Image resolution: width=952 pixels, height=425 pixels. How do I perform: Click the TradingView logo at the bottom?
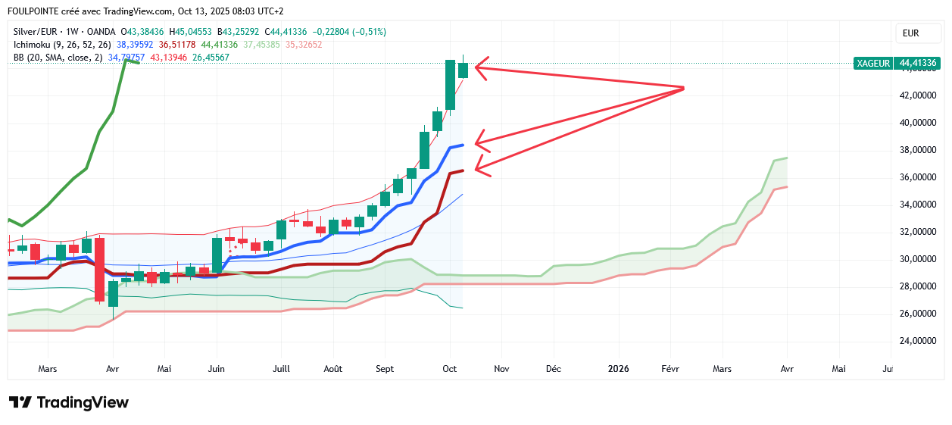coord(68,402)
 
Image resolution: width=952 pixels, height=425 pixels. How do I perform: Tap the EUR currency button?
coord(910,33)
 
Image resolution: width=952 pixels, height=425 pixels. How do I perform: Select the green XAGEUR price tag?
coord(872,63)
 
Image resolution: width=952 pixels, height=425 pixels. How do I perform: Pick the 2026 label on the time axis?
coord(619,369)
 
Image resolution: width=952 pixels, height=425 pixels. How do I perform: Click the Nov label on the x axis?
coord(501,369)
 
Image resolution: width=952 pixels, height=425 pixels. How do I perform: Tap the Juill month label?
coord(281,369)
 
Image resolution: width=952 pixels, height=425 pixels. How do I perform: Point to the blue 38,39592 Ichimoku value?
coord(133,45)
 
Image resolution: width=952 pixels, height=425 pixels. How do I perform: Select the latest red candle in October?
coord(463,70)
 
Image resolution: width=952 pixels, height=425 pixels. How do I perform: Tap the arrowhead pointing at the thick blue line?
coord(477,142)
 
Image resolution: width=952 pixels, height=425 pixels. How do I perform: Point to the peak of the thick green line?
coord(126,59)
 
